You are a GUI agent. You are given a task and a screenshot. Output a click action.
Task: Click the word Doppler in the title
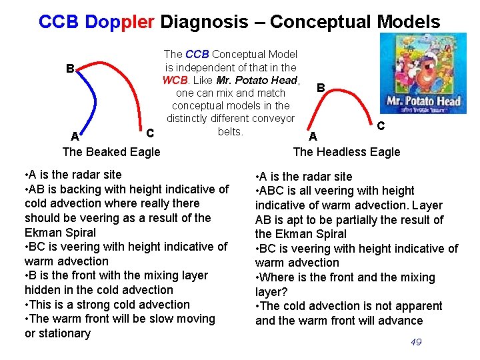tap(123, 21)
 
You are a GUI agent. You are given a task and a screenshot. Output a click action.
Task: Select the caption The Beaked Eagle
tap(111, 151)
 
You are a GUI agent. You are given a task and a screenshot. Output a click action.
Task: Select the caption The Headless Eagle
tap(347, 151)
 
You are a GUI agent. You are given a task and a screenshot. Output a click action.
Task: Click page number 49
tap(416, 342)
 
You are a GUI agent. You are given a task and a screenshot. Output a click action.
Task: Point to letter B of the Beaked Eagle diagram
tap(69, 69)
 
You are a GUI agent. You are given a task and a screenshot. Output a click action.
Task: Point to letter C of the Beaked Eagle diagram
tap(150, 133)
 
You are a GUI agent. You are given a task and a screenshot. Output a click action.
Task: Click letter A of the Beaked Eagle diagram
tap(75, 137)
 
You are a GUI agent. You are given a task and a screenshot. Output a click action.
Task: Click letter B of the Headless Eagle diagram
tap(321, 88)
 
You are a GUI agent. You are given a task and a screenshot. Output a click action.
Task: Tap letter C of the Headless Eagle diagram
tap(380, 125)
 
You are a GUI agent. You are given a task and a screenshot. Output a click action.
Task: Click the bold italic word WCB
tap(175, 80)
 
